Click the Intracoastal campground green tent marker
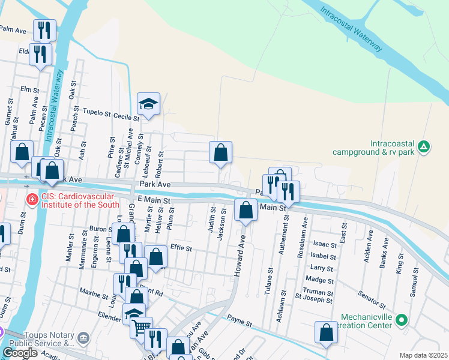(x=424, y=146)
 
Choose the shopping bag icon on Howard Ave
(x=245, y=210)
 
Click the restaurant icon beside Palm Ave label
(x=44, y=29)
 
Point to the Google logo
(x=20, y=353)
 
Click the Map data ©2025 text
(x=423, y=355)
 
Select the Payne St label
(x=238, y=322)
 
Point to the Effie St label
(x=181, y=248)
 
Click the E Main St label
(x=154, y=199)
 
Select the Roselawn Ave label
(x=303, y=241)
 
